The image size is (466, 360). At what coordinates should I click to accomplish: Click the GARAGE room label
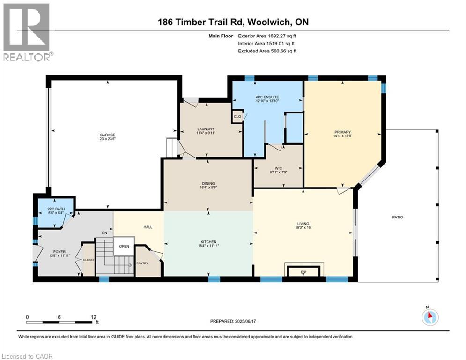click(x=107, y=135)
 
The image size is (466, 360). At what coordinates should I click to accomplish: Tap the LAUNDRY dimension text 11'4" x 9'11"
click(x=206, y=133)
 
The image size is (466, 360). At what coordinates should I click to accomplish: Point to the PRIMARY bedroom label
click(x=343, y=132)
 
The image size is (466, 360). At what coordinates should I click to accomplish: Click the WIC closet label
click(x=279, y=168)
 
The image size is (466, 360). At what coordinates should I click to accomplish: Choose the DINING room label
click(x=208, y=184)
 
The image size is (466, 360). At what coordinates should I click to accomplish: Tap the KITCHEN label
click(x=208, y=242)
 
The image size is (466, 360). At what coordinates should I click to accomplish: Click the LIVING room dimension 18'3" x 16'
click(x=303, y=227)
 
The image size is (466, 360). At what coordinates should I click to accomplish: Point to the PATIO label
click(x=398, y=217)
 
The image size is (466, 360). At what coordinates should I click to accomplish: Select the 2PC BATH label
click(x=56, y=209)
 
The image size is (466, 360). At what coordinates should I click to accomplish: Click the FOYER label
click(x=59, y=252)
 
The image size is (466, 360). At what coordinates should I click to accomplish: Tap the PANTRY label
click(x=142, y=263)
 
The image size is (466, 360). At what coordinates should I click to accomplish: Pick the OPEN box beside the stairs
click(x=124, y=246)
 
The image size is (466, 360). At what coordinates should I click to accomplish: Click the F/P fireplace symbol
click(x=303, y=271)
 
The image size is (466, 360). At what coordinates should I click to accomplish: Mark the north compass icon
click(x=430, y=317)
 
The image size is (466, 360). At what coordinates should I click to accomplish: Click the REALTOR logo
click(x=26, y=32)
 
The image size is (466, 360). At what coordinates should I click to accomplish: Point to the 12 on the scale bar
click(x=93, y=317)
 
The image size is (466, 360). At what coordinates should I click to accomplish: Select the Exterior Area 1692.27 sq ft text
click(x=267, y=36)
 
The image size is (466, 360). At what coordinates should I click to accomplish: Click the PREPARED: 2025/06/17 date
click(x=233, y=321)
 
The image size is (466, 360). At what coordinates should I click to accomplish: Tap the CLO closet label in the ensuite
click(x=237, y=116)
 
